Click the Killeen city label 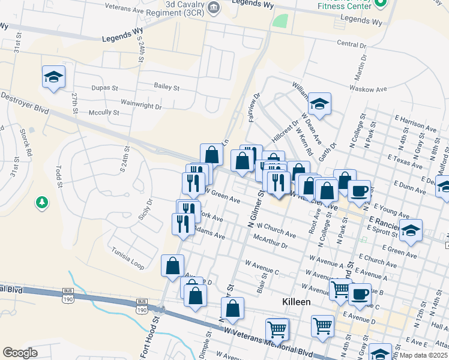point(297,302)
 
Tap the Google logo point(20,353)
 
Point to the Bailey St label point(167,87)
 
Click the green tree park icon point(42,203)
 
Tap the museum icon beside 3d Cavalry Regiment point(214,7)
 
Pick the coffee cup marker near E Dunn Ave point(360,191)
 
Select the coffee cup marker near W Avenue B point(360,294)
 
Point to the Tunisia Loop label point(128,259)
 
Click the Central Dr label point(351,44)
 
